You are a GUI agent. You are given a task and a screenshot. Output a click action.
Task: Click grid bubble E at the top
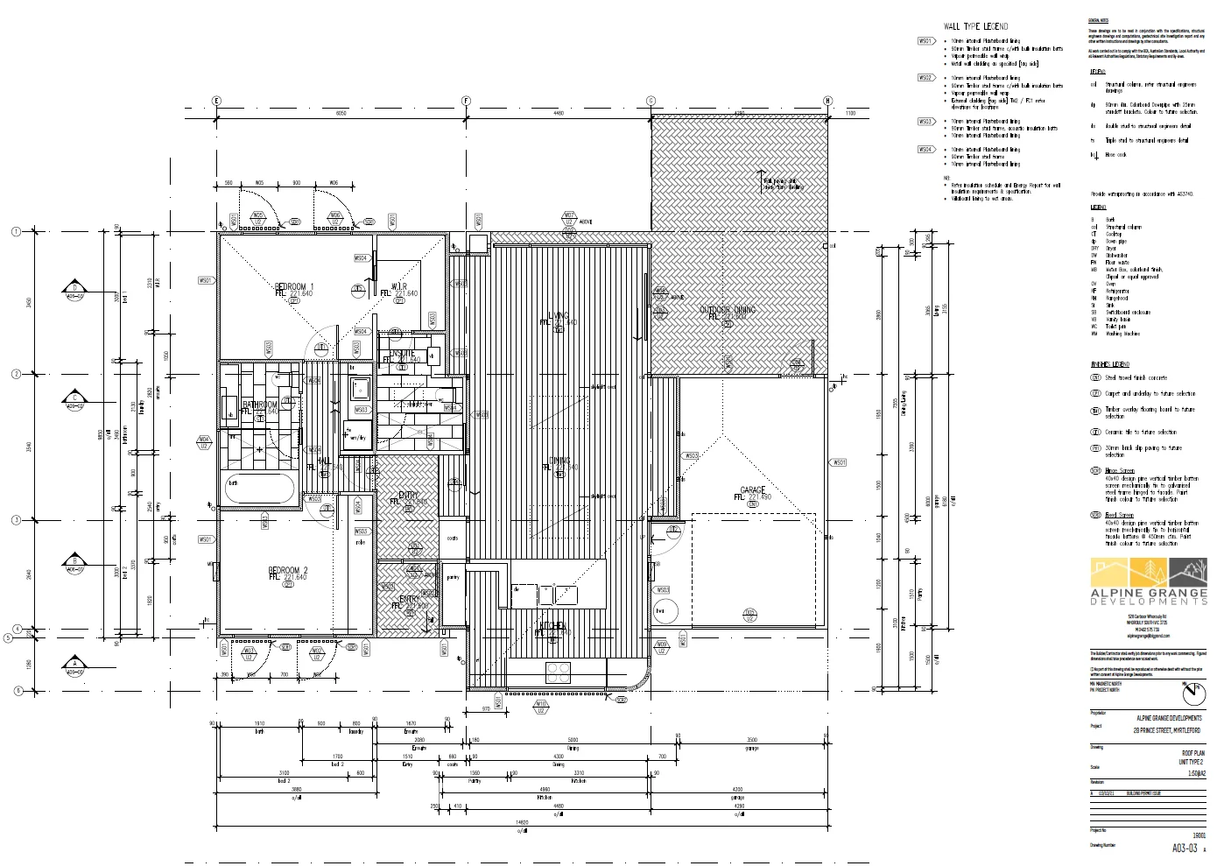(x=216, y=101)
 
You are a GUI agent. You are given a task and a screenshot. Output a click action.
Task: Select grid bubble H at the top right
(x=827, y=101)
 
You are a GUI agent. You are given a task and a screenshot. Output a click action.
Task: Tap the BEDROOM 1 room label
(x=293, y=287)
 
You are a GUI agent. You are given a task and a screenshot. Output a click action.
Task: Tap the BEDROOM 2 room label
(x=287, y=571)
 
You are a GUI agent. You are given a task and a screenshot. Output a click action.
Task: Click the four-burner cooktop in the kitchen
(x=559, y=672)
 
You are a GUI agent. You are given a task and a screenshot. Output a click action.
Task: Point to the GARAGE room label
(x=752, y=490)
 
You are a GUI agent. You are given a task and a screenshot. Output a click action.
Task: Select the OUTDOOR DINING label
(x=727, y=310)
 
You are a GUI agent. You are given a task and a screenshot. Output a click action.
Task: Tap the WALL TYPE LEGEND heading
(x=975, y=26)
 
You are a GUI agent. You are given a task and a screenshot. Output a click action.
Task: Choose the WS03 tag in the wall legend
(x=925, y=122)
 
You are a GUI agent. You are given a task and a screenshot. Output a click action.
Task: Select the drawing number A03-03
(x=1185, y=848)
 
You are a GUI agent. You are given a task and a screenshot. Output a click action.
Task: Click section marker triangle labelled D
(x=75, y=289)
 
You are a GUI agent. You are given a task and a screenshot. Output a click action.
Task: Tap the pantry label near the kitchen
(x=453, y=578)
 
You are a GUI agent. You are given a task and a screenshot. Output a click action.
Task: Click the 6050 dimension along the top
(x=341, y=114)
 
